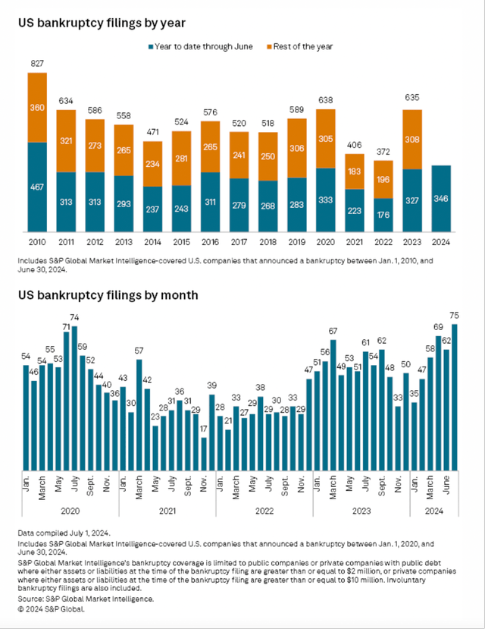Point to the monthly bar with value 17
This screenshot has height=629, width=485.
tap(204, 456)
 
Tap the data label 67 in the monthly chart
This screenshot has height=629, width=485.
tap(333, 331)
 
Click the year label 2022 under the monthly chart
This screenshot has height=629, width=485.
tap(264, 511)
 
